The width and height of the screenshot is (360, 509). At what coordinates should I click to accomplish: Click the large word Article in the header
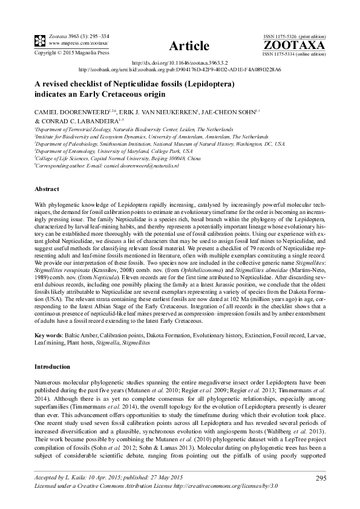pyautogui.click(x=189, y=46)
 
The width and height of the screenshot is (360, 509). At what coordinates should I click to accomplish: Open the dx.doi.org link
pyautogui.click(x=180, y=63)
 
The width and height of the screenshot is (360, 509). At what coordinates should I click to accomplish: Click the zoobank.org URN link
pyautogui.click(x=180, y=70)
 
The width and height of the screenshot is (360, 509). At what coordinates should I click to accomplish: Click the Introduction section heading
pyautogui.click(x=52, y=366)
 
